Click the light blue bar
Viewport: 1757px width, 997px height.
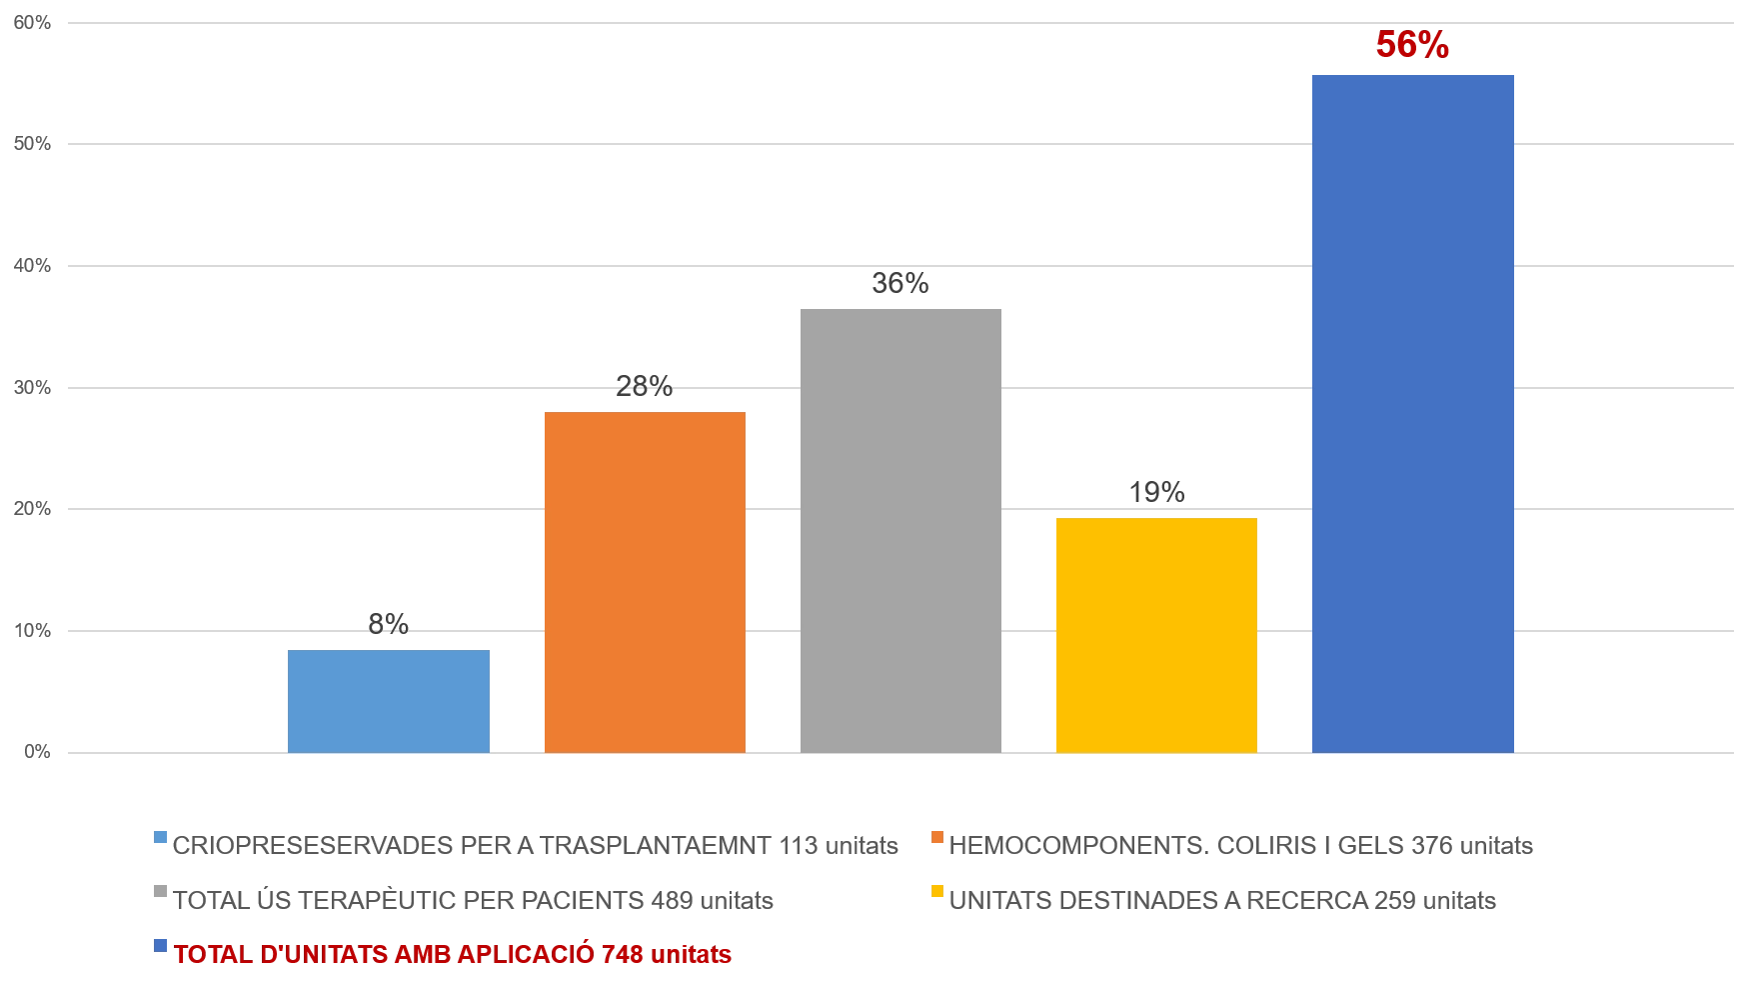click(x=391, y=700)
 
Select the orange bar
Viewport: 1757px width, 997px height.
click(x=647, y=580)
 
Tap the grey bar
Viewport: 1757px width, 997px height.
click(x=902, y=528)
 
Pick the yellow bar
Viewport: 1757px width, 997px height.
click(x=1157, y=634)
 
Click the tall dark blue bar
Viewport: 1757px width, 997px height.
click(x=1414, y=412)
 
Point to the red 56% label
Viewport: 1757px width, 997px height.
click(x=1412, y=46)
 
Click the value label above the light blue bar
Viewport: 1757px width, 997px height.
click(x=389, y=627)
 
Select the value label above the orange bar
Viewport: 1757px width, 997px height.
click(x=646, y=384)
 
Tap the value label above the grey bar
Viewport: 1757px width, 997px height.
click(x=902, y=284)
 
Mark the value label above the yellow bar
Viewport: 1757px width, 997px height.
click(x=1158, y=491)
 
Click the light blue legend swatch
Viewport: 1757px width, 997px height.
click(x=160, y=836)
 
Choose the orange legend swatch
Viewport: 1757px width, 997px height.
click(x=935, y=836)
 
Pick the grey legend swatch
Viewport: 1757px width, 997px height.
click(x=160, y=892)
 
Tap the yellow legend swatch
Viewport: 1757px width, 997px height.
click(x=935, y=892)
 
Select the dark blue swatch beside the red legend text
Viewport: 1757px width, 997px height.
click(x=160, y=946)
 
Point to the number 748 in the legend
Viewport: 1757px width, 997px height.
click(x=623, y=955)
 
